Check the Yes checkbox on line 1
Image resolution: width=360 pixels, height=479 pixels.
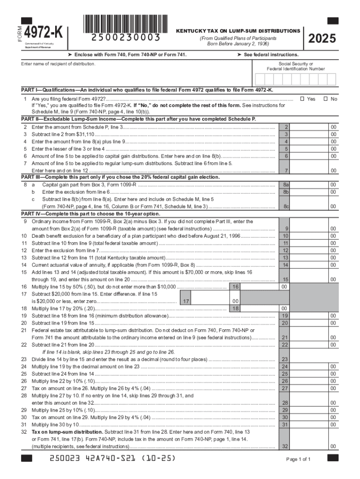click(x=302, y=99)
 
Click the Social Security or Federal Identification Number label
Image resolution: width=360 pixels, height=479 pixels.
click(x=295, y=66)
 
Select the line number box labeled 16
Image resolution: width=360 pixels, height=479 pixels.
click(x=236, y=287)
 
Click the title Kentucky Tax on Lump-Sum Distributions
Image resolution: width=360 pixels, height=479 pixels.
click(x=238, y=31)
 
